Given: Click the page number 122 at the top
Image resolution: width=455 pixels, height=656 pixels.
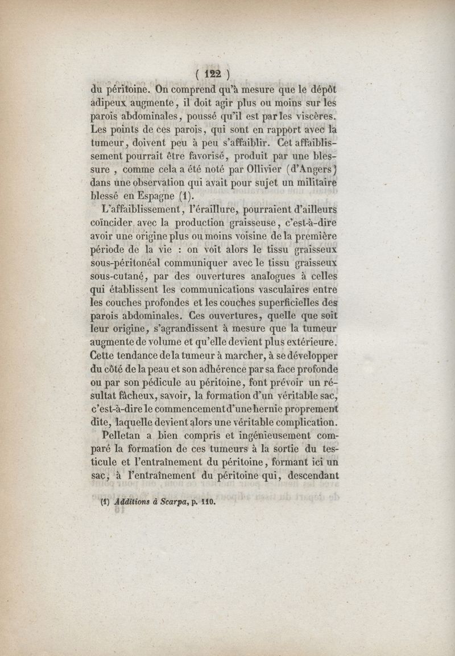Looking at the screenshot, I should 212,74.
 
